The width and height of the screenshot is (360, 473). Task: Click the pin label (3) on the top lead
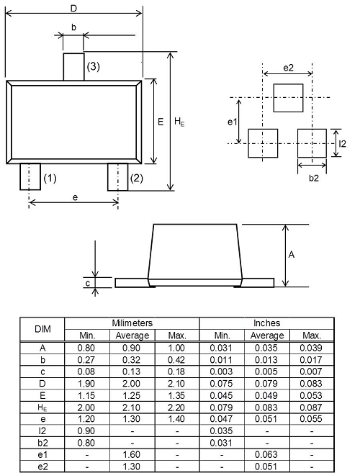click(93, 67)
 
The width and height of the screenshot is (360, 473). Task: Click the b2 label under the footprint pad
click(314, 178)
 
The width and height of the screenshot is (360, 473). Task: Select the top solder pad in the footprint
click(288, 96)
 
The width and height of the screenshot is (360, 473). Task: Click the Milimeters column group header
click(132, 323)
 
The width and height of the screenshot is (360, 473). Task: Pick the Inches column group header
click(267, 323)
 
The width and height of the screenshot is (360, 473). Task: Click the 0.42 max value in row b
click(177, 359)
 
